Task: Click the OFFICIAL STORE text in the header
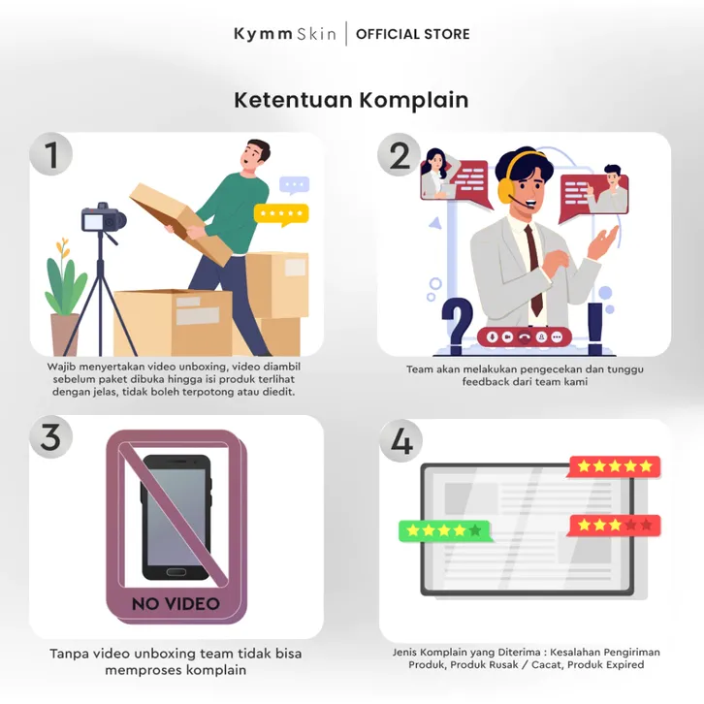tap(413, 34)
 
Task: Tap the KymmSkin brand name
tap(285, 34)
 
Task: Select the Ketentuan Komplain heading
tap(351, 100)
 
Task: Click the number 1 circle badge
tap(51, 154)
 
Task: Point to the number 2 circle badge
tap(399, 155)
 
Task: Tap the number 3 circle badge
tap(51, 437)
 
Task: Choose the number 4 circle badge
tap(400, 440)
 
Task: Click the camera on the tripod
tap(103, 218)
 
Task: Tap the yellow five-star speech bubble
tap(281, 214)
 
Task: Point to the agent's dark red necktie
tap(534, 270)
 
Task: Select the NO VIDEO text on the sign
tap(176, 604)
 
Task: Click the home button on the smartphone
tap(176, 572)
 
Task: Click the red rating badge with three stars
tap(614, 526)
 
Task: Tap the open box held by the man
tap(179, 223)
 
